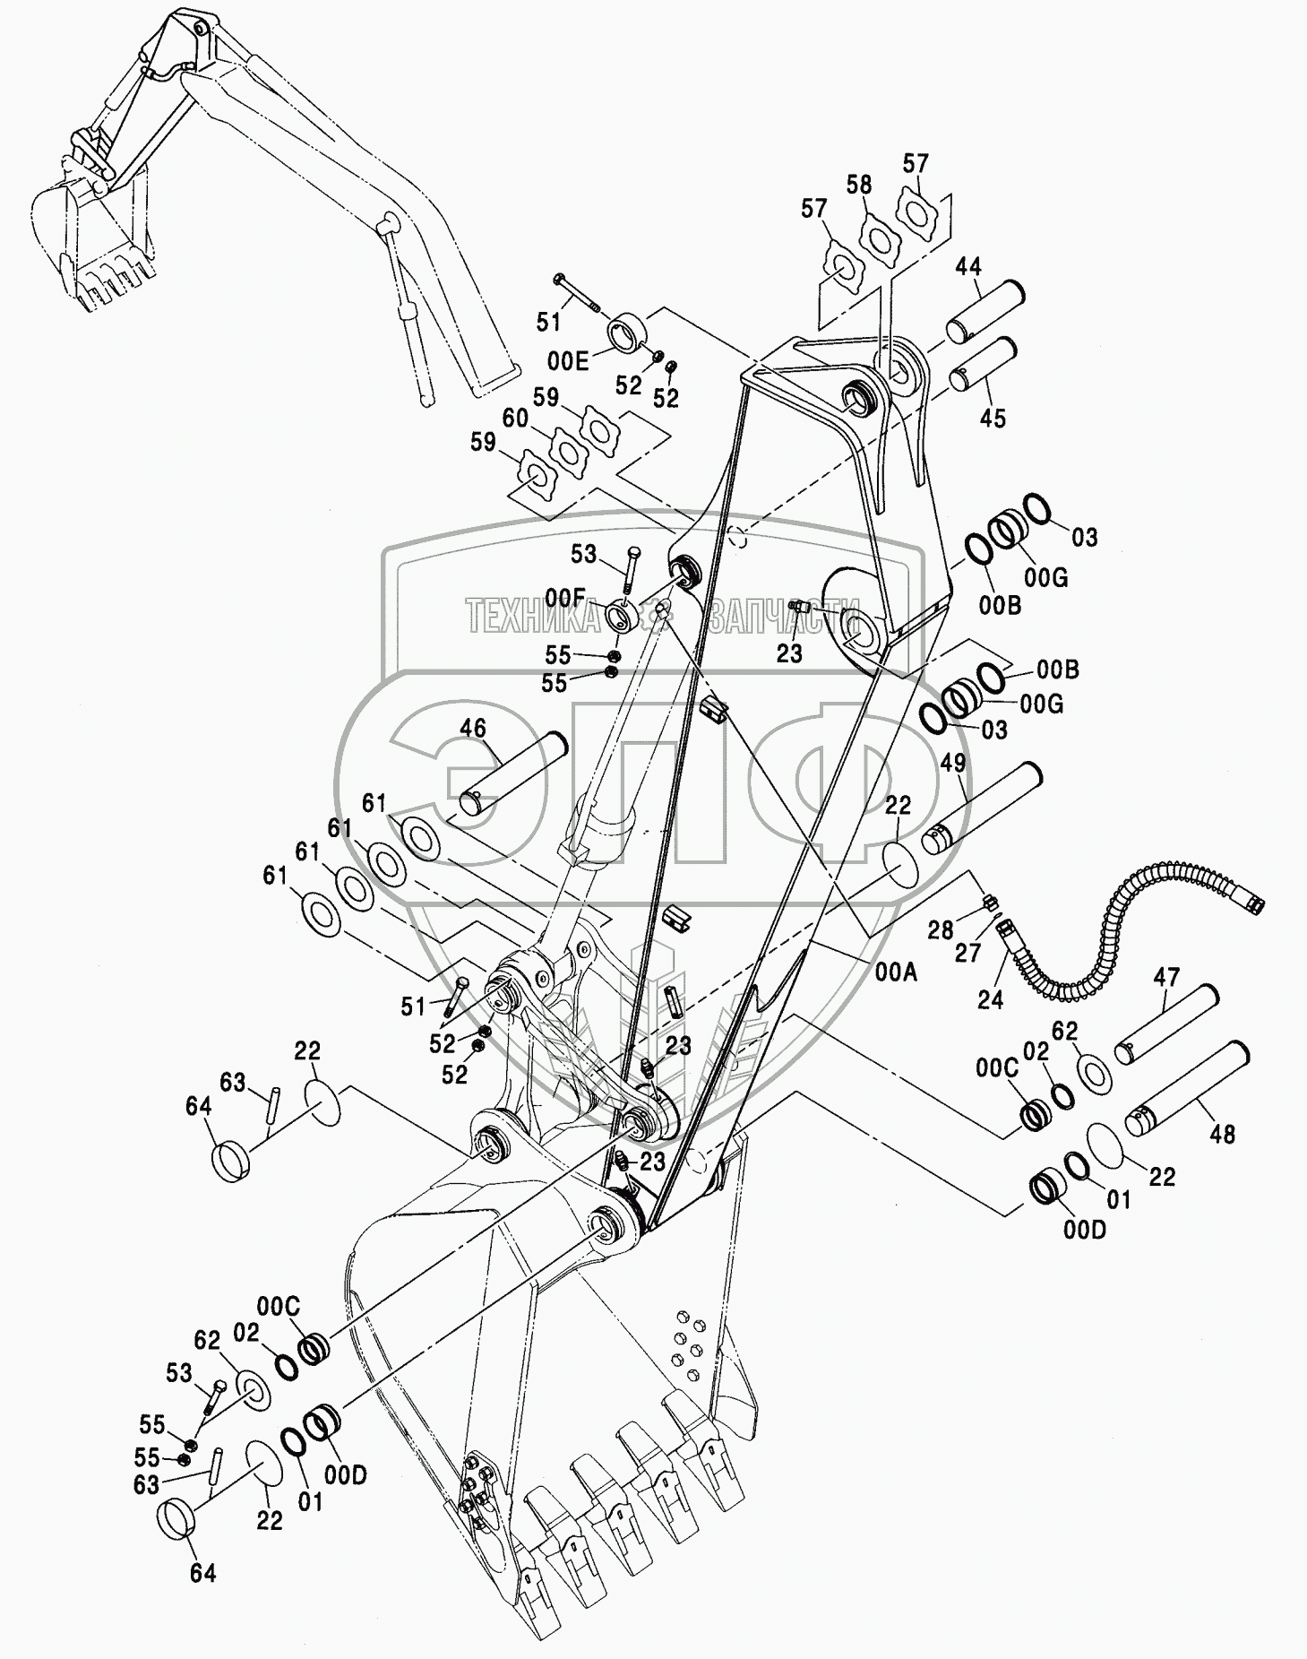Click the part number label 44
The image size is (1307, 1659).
[x=967, y=266]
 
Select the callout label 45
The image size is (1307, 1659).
[x=993, y=419]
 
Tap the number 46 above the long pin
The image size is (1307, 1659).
[x=473, y=729]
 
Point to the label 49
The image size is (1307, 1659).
[x=953, y=763]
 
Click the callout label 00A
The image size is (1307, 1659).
[x=898, y=971]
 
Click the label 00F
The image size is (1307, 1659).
[x=564, y=596]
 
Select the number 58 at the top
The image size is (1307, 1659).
[x=858, y=186]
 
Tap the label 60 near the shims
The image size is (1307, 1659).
[x=514, y=417]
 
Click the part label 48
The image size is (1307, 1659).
[x=1222, y=1134]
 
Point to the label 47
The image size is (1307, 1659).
[x=1166, y=977]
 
